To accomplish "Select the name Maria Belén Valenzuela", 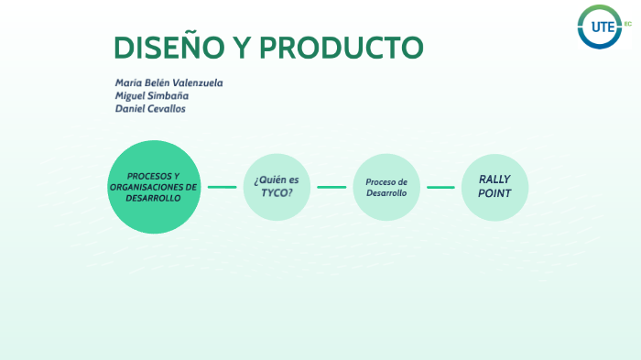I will point(168,82).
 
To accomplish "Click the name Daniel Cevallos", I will point(151,108).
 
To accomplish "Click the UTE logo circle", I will point(600,27).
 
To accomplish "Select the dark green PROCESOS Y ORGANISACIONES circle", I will point(154,187).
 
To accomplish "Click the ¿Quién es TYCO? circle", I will point(277,187).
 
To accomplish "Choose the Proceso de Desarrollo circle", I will point(386,187).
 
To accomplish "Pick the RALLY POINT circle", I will point(494,187).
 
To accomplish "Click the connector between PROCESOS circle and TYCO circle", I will point(222,187).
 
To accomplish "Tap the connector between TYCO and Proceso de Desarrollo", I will point(331,187).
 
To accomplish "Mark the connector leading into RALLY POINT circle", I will point(440,187).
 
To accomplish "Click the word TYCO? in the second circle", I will point(277,193).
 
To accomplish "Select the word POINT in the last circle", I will point(494,193).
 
